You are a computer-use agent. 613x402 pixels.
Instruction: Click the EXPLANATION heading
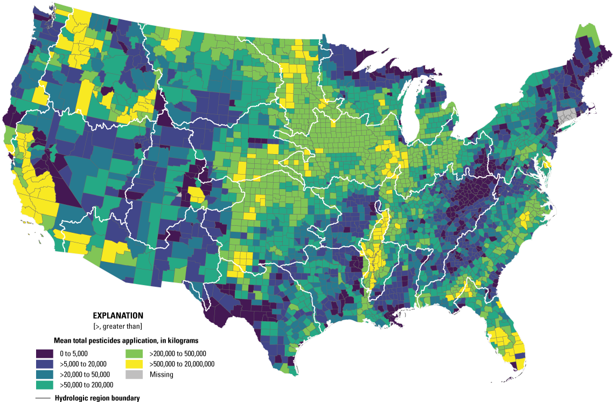point(118,316)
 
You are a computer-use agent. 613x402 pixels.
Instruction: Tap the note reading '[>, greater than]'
point(118,326)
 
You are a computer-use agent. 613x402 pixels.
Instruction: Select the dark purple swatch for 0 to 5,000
point(45,354)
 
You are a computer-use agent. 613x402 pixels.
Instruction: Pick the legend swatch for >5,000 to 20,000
point(45,364)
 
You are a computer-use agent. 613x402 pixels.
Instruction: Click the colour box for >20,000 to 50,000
point(45,374)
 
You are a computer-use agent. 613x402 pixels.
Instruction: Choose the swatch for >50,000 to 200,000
point(45,384)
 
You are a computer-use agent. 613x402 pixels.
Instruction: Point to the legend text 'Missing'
point(161,375)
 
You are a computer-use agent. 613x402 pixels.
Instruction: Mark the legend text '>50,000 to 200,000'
point(86,385)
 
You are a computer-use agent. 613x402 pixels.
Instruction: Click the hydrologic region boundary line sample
point(43,398)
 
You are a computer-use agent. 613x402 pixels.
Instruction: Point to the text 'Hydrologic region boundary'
point(97,398)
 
